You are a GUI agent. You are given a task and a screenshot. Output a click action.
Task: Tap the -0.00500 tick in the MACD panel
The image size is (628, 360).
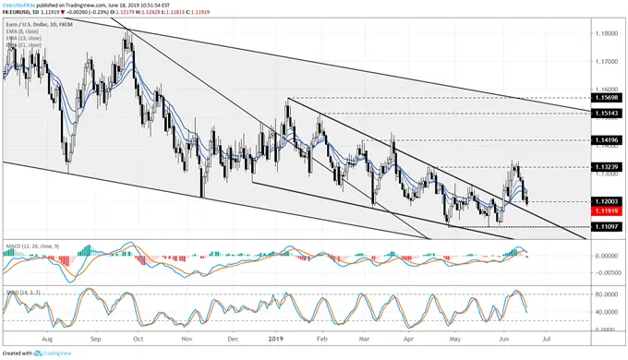point(606,272)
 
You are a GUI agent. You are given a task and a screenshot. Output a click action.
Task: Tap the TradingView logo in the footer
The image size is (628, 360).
point(28,353)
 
